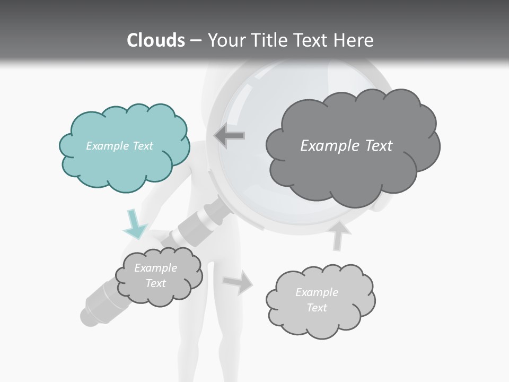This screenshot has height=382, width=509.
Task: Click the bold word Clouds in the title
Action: pyautogui.click(x=156, y=40)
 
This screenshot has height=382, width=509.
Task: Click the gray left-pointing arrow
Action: pyautogui.click(x=230, y=136)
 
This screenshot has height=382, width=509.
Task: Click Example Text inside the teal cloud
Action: pyautogui.click(x=119, y=146)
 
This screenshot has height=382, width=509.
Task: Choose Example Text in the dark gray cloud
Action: pyautogui.click(x=346, y=146)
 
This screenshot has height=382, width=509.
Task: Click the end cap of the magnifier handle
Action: pyautogui.click(x=89, y=316)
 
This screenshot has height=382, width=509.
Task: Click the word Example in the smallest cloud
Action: pyautogui.click(x=155, y=268)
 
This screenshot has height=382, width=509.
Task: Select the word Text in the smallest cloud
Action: pyautogui.click(x=155, y=283)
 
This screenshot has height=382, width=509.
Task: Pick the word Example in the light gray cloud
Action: pyautogui.click(x=317, y=292)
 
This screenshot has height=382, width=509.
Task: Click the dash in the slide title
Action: pyautogui.click(x=195, y=40)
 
